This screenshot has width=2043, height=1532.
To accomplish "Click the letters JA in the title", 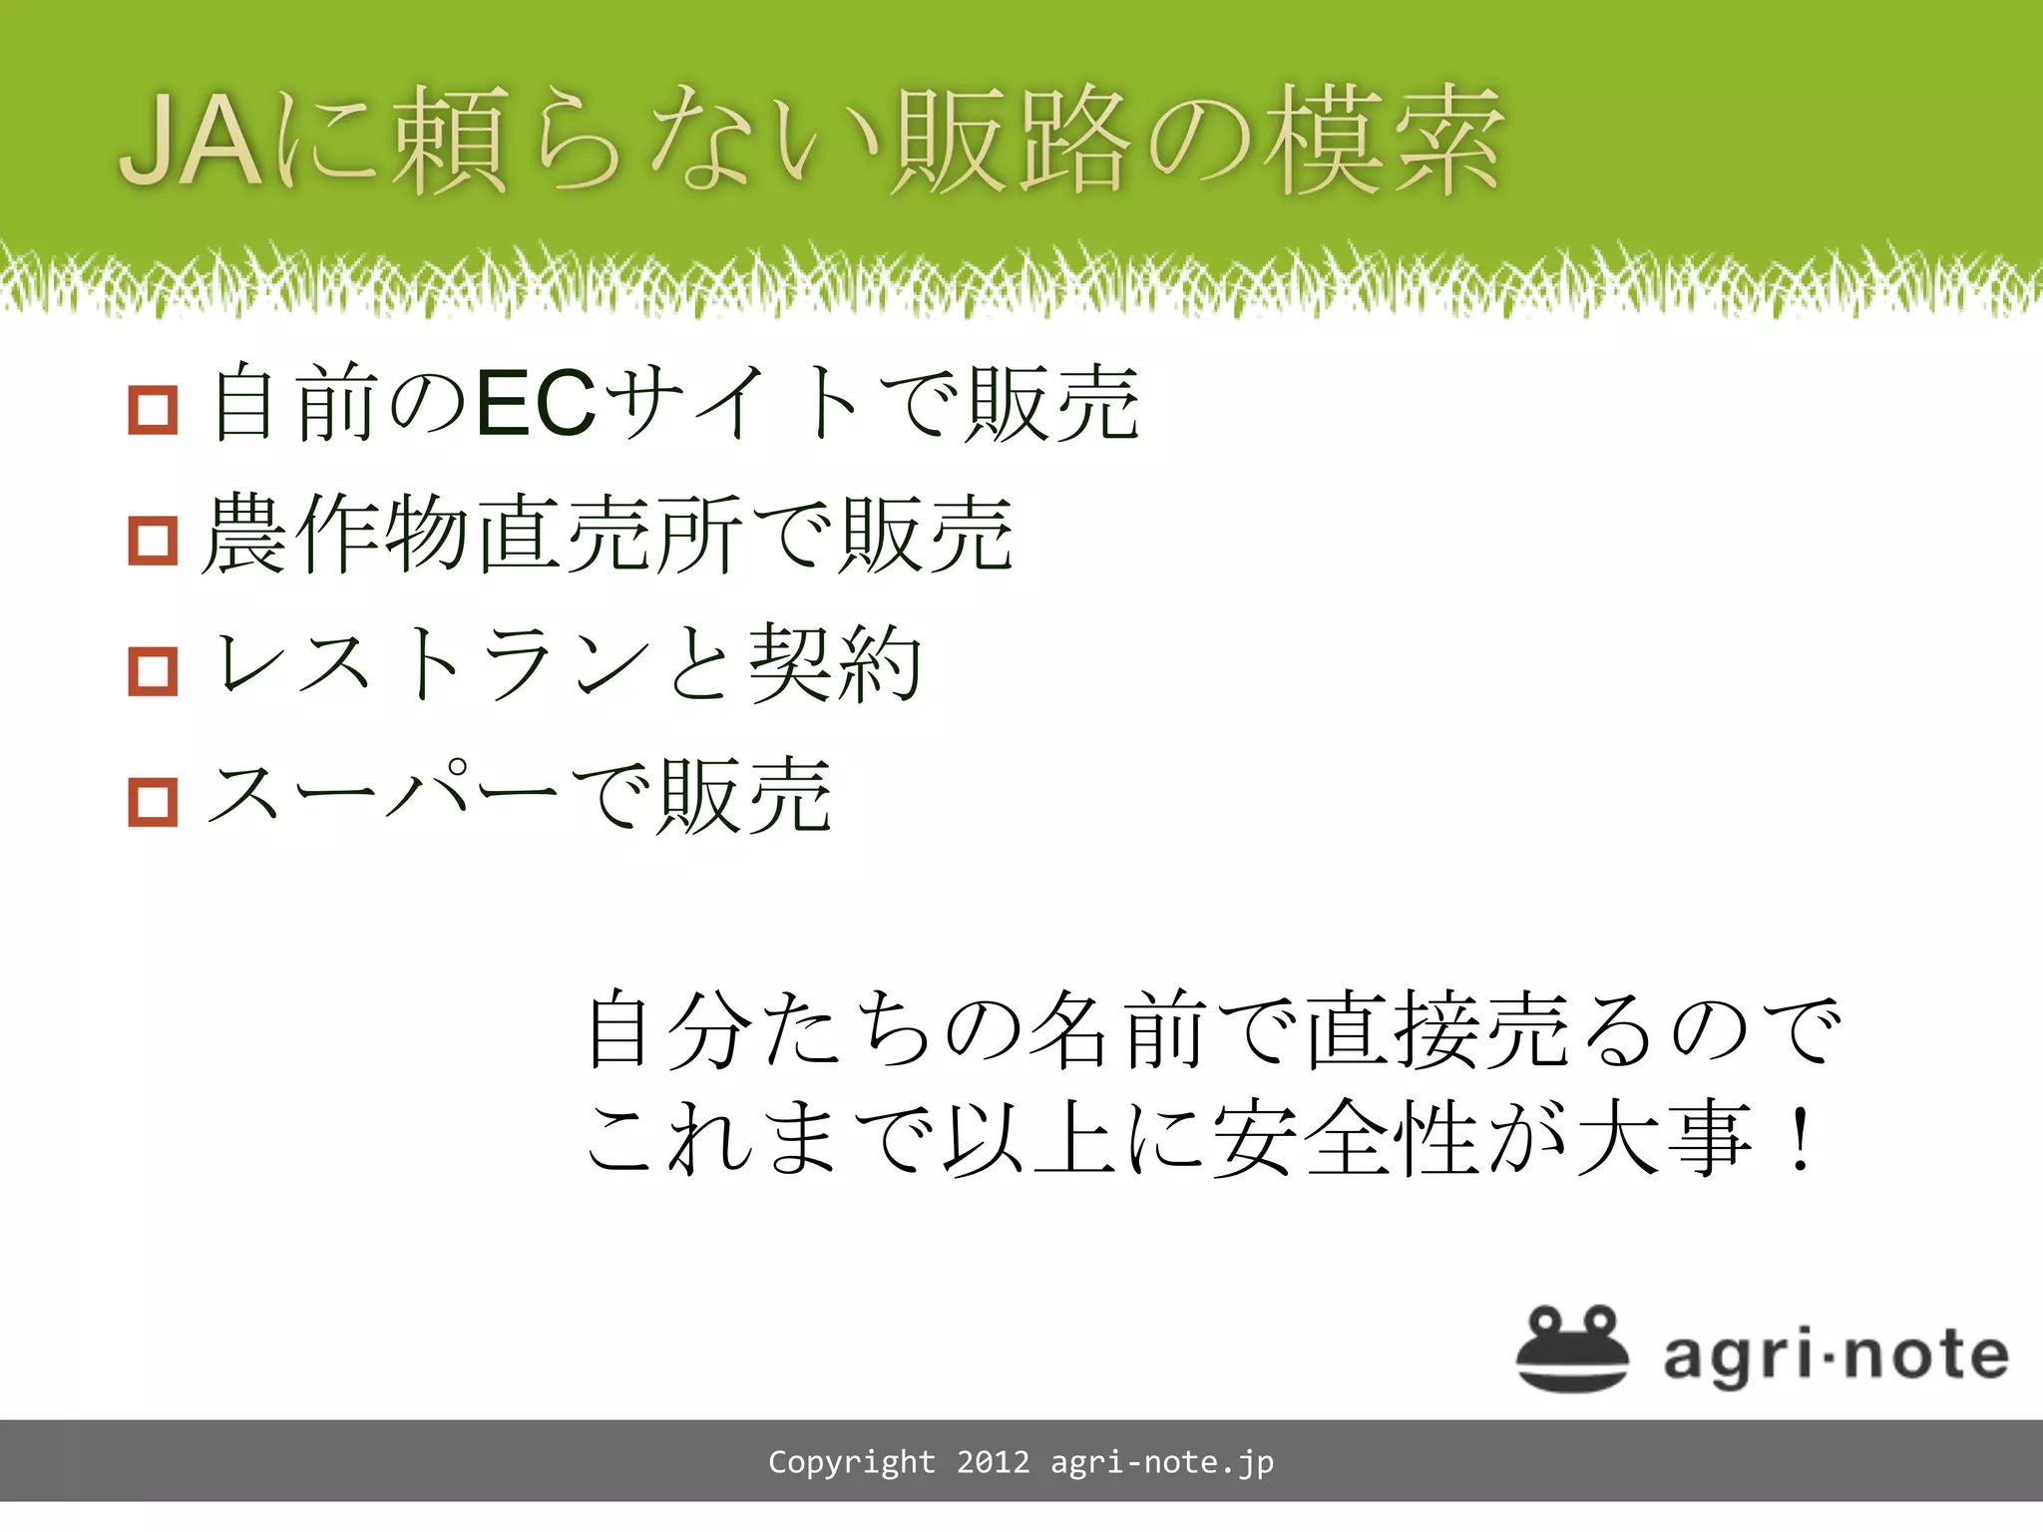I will tap(192, 141).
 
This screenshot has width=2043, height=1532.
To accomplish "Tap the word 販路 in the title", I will tap(1010, 141).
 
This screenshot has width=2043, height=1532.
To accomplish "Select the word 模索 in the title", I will tap(1382, 141).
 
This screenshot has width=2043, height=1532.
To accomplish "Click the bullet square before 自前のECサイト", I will tap(153, 410).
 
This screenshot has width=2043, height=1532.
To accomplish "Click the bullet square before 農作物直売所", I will tap(153, 540).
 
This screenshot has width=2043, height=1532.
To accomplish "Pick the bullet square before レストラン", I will tap(153, 670).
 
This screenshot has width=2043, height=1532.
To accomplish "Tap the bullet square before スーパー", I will tap(153, 802).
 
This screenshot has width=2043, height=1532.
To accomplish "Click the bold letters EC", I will tap(536, 404).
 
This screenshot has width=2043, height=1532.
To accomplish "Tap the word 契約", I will tap(836, 663).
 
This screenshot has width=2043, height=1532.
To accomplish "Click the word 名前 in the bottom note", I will tap(1115, 1029).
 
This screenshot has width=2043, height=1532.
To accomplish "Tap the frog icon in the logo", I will tap(1572, 1347).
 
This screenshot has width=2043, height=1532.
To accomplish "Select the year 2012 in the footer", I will tap(993, 1462).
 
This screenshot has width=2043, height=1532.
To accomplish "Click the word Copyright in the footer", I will tap(851, 1462).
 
